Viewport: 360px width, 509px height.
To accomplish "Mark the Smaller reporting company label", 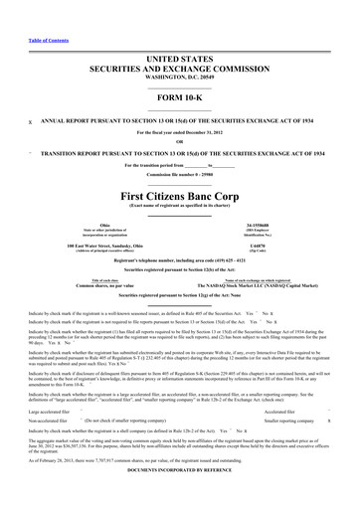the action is [289, 393].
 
